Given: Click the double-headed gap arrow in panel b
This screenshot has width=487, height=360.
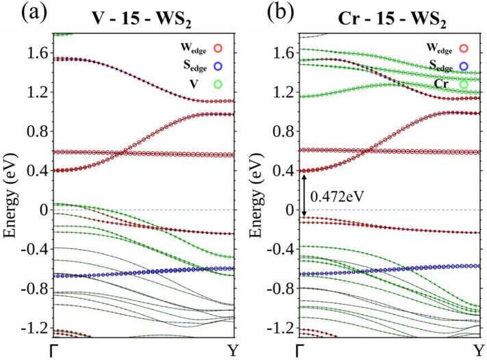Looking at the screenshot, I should (304, 194).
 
